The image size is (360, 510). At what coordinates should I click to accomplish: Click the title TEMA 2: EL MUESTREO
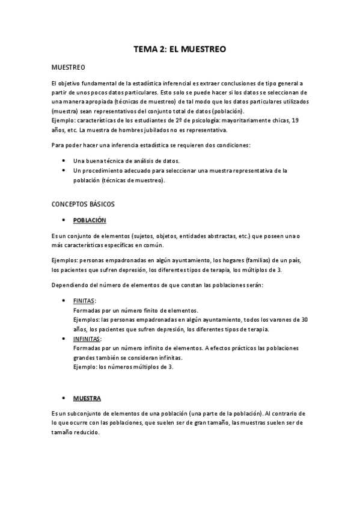tap(179, 50)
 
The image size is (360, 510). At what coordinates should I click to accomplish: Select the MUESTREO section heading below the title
tap(69, 67)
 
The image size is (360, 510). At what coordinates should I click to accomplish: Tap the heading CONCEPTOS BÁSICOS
tap(83, 204)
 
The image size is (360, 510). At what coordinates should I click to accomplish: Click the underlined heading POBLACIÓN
tap(90, 220)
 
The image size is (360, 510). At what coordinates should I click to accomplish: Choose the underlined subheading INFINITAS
tap(87, 339)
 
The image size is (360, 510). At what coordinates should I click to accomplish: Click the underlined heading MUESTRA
tap(87, 399)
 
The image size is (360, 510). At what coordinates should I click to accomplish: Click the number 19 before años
tap(295, 120)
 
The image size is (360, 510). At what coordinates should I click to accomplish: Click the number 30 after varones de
tap(304, 319)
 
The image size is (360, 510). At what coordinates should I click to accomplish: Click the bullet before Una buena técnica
tap(64, 161)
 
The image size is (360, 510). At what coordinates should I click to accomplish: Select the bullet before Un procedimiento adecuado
tap(64, 171)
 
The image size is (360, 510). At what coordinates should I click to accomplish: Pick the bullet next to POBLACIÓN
tap(64, 220)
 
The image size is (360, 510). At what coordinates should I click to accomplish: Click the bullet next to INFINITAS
tap(64, 339)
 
